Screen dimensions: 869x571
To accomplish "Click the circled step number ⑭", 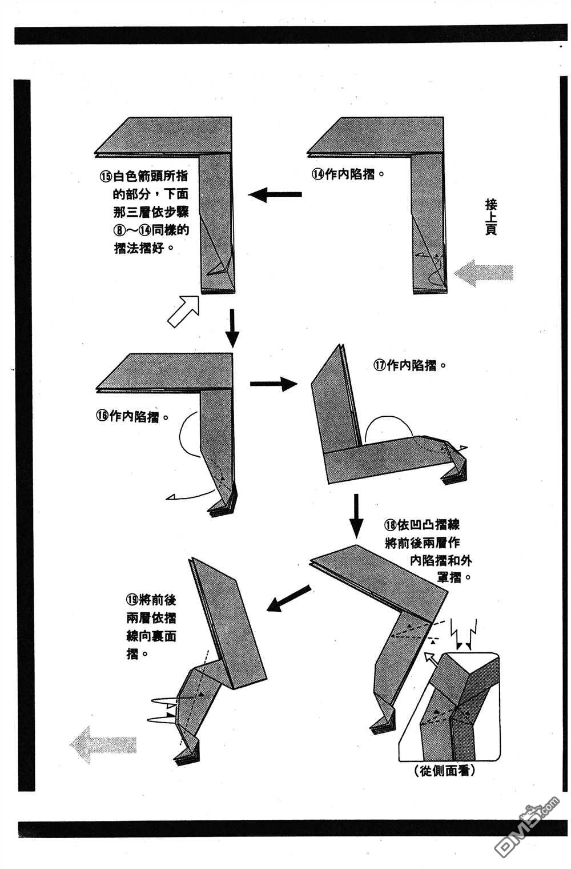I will [317, 175].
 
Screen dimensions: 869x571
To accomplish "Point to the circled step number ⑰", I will [380, 365].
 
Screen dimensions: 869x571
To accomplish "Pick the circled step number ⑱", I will [391, 525].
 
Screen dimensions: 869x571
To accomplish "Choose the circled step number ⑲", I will [132, 600].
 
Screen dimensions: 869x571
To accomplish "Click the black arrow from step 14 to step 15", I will [275, 195].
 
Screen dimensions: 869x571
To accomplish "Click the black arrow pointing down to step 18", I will [356, 516].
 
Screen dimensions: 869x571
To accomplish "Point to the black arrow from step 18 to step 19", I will [290, 598].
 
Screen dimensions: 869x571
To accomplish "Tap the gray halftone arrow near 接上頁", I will [484, 272].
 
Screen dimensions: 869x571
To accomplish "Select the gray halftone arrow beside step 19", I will [103, 744].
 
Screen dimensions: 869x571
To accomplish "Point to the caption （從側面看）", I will [447, 771].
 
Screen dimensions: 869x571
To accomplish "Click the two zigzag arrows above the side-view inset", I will [463, 632].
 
